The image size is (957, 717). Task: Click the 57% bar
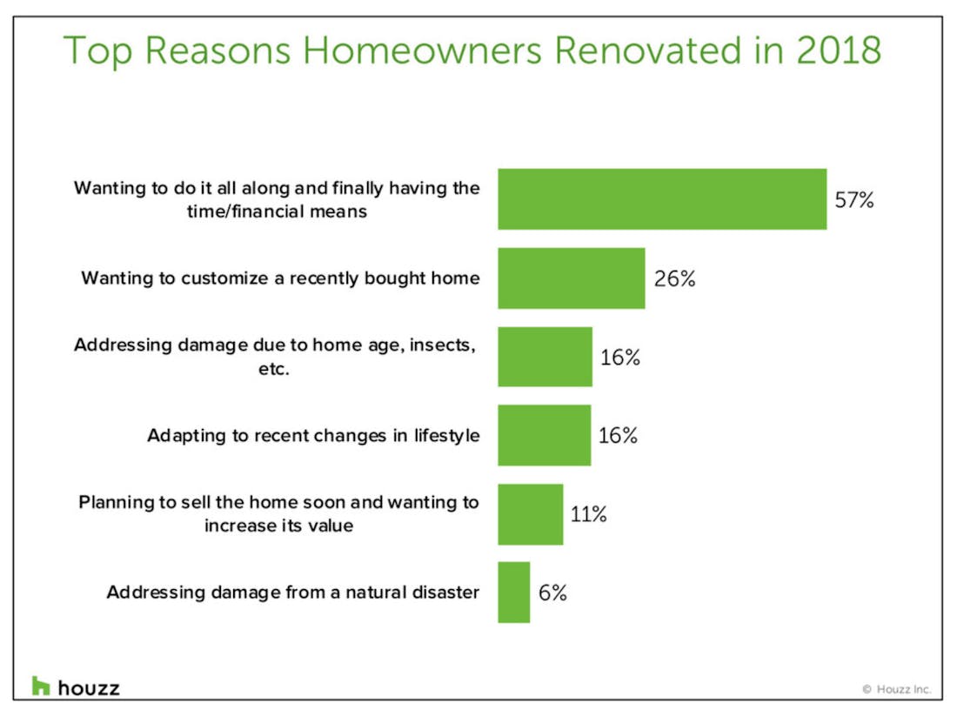(662, 199)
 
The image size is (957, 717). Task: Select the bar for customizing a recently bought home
(572, 278)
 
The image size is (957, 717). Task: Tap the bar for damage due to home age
(545, 357)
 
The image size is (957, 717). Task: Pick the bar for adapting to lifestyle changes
(545, 435)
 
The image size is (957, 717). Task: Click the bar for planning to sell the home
(531, 513)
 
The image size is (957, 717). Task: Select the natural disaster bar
(514, 592)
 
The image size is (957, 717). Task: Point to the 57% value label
(853, 200)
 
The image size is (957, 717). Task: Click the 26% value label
(674, 278)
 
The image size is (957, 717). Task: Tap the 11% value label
(588, 514)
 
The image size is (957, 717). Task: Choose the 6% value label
(552, 593)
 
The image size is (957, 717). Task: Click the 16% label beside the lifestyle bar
(618, 436)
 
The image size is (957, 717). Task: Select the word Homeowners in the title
(422, 50)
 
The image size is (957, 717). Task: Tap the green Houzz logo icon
(41, 686)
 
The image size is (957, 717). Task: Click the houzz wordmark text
(89, 688)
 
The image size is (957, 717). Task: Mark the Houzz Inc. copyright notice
(897, 689)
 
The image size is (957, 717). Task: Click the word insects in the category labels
(442, 345)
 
